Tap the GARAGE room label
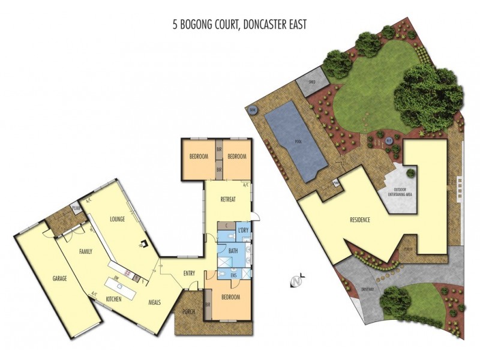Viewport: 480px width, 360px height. click(59, 279)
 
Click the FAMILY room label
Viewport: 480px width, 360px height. click(85, 251)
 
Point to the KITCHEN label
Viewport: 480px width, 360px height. click(115, 298)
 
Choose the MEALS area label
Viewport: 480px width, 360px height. click(155, 302)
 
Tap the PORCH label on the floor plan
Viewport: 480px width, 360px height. click(188, 311)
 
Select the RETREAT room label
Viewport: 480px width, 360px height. click(227, 199)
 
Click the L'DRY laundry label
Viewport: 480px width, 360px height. click(243, 231)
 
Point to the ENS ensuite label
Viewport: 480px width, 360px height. click(233, 276)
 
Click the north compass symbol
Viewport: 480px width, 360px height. click(295, 281)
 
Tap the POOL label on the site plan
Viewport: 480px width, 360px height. click(298, 142)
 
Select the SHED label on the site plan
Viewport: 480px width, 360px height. click(312, 81)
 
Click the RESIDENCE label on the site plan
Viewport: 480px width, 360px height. click(359, 220)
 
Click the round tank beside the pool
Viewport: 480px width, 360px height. click(253, 110)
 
